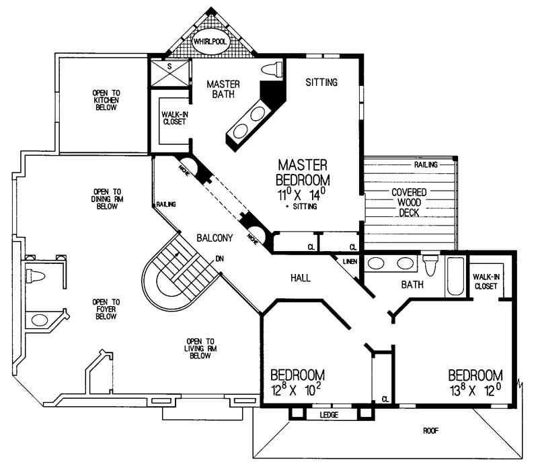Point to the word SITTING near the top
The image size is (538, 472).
tap(321, 83)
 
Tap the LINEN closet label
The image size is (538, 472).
tap(350, 261)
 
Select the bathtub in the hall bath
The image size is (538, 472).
tap(455, 277)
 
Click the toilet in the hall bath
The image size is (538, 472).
tap(430, 266)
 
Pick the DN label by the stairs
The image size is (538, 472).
tap(219, 258)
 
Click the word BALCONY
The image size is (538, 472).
tap(215, 238)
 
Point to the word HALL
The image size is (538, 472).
tap(299, 277)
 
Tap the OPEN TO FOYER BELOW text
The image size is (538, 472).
tap(106, 309)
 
